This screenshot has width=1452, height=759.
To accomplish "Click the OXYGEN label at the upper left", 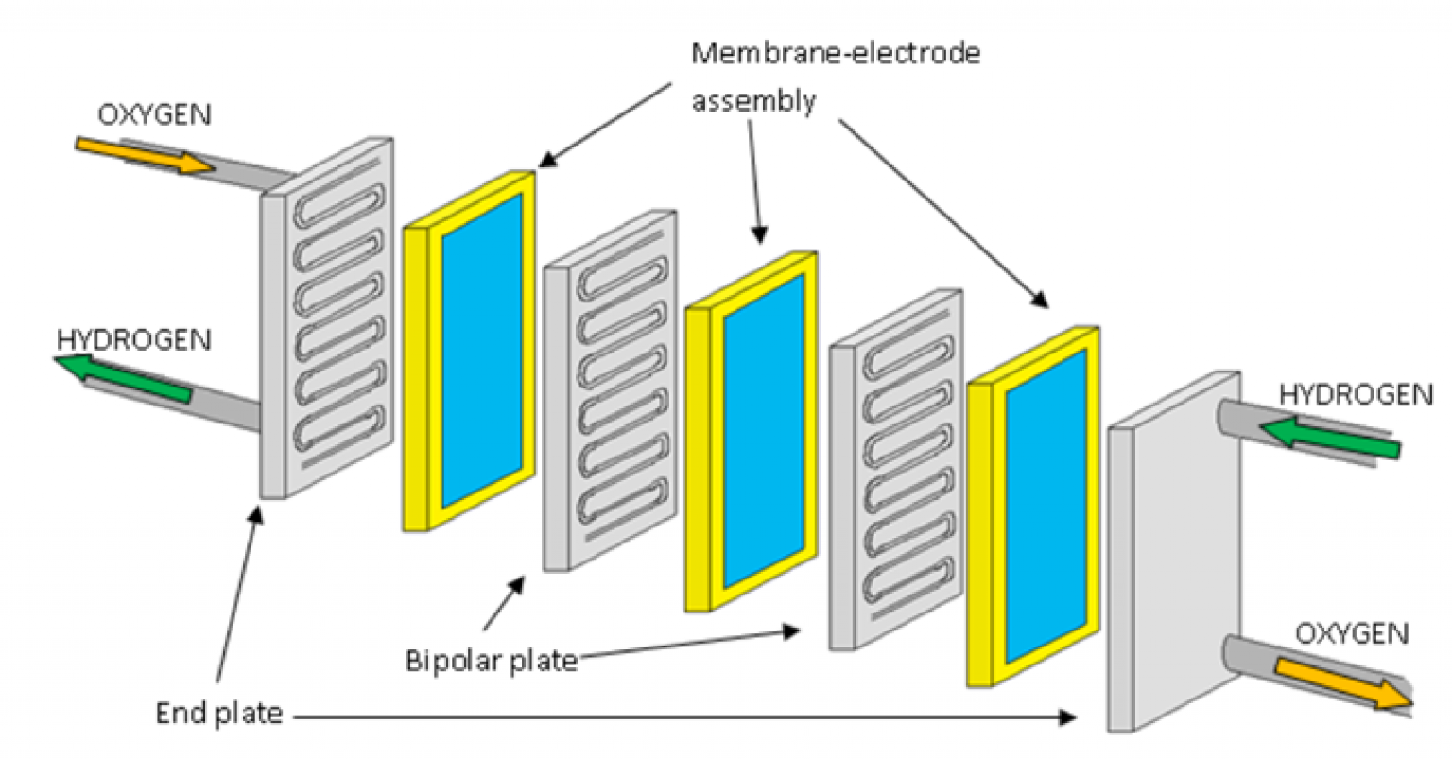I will point(155,114).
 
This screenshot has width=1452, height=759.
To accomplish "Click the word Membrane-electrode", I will point(836,53).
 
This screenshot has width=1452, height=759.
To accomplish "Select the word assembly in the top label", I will point(753,100).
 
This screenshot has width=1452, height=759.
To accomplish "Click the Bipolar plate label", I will point(491,660).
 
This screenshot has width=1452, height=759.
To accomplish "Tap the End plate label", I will point(218,713).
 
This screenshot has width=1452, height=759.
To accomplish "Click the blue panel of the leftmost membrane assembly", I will point(481,354).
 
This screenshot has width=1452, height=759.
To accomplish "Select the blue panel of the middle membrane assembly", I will point(763,432).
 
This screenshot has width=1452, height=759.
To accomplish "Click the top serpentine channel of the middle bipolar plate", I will point(624,282).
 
